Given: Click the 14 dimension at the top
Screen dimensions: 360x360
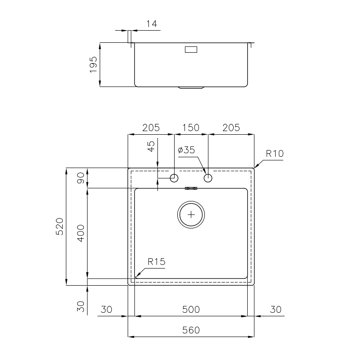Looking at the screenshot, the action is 152,23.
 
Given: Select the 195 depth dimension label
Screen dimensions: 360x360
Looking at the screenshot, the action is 93,64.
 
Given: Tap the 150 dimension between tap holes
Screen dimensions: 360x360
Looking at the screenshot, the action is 191,128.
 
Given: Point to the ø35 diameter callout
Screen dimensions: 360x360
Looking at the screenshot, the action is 186,150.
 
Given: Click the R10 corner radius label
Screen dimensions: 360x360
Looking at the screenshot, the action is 275,153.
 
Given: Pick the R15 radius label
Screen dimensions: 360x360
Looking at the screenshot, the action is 157,261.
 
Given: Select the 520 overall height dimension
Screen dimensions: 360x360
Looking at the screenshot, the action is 60,226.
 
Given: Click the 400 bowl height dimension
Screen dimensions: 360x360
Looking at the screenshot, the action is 81,233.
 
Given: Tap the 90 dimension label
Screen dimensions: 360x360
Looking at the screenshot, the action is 81,178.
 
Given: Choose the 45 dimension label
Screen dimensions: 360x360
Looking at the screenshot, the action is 151,146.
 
